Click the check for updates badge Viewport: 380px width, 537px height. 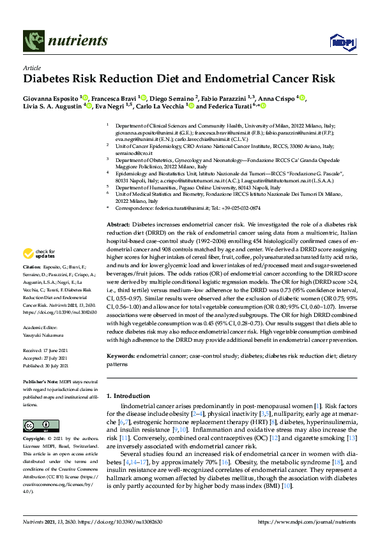pos(42,253)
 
